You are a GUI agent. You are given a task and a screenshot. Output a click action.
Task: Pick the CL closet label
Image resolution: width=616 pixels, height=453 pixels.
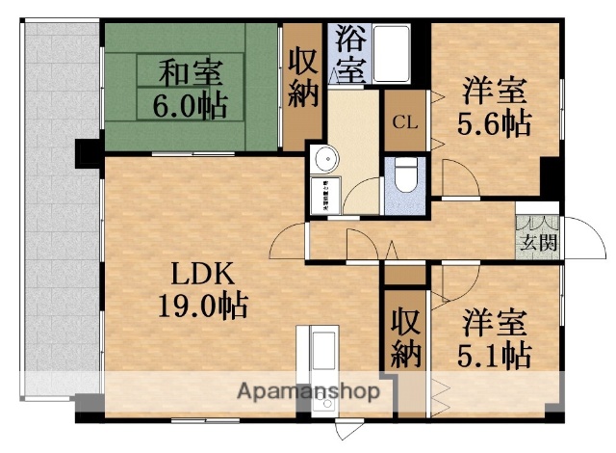pyautogui.click(x=404, y=121)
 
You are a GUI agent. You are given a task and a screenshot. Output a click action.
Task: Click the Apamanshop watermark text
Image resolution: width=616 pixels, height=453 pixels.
pyautogui.click(x=308, y=392)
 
